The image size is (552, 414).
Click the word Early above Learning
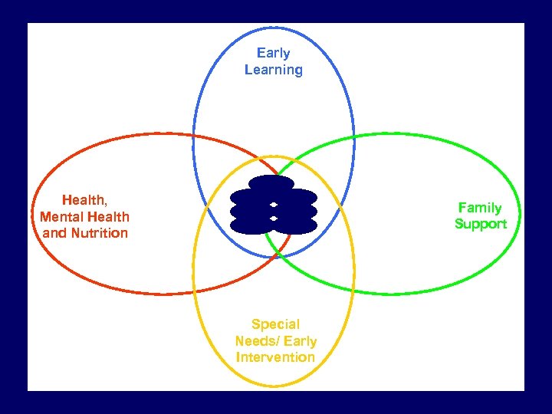pos(273,53)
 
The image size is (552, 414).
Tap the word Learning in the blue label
pos(273,70)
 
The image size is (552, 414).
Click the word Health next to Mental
pos(108,217)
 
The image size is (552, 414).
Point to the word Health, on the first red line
pos(84,200)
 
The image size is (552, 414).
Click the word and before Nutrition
pos(54,233)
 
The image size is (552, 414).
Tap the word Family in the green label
pos(480,208)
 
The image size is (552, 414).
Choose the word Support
pos(481,224)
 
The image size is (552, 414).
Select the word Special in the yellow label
pos(275,324)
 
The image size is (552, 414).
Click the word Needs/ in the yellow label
pos(257,341)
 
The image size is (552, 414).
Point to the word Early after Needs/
pos(300,341)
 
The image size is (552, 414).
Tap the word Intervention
pos(275,357)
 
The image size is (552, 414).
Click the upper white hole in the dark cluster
pos(274,205)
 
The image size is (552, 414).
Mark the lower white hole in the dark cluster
pos(274,219)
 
